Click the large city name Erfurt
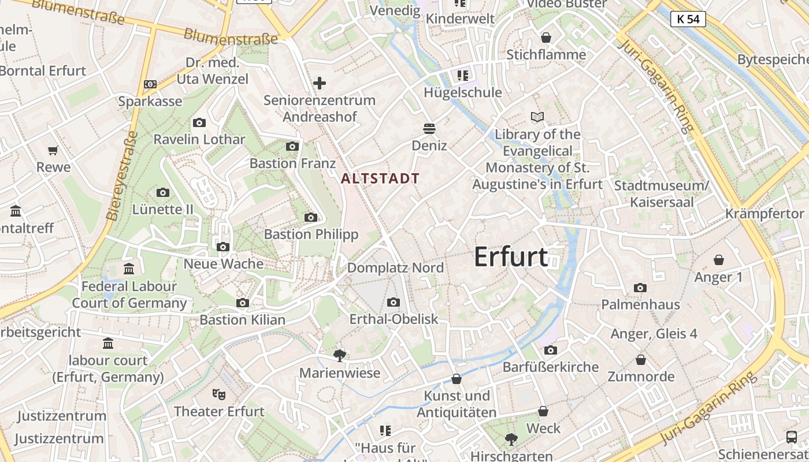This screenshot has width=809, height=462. click(511, 256)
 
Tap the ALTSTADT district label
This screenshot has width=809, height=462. click(380, 178)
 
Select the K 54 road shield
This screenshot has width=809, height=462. click(688, 19)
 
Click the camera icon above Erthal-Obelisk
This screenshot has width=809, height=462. click(394, 302)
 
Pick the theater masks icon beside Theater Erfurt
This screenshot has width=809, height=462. click(218, 394)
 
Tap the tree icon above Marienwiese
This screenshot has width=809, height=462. click(340, 356)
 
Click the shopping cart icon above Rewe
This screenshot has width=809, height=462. click(53, 151)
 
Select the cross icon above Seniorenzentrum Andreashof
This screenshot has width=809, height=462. click(319, 84)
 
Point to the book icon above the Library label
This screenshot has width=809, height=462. click(537, 117)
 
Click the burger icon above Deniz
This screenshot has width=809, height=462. click(429, 128)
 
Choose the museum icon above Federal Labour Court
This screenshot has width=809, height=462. click(129, 269)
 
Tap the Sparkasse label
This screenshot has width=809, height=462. click(150, 102)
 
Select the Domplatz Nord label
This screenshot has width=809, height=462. click(395, 268)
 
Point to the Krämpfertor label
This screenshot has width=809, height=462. click(765, 214)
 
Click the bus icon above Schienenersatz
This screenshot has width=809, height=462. click(792, 437)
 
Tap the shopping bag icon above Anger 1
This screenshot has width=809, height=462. click(719, 260)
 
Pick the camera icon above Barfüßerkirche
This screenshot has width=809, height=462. click(551, 350)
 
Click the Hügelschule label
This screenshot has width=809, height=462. click(463, 92)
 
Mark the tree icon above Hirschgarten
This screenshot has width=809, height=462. click(511, 439)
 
